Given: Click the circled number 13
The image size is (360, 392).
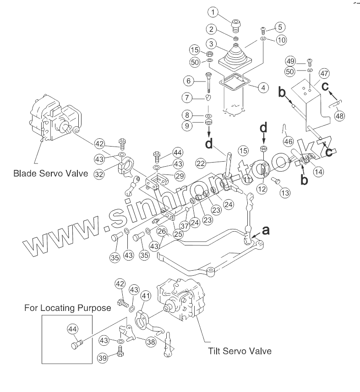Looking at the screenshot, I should pyautogui.click(x=285, y=193).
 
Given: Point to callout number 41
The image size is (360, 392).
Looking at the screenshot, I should pyautogui.click(x=146, y=297).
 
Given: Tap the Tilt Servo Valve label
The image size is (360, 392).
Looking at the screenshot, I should pyautogui.click(x=240, y=351).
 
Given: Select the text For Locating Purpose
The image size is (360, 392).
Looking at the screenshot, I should pyautogui.click(x=67, y=308).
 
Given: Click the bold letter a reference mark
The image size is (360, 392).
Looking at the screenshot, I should pyautogui.click(x=266, y=231).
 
